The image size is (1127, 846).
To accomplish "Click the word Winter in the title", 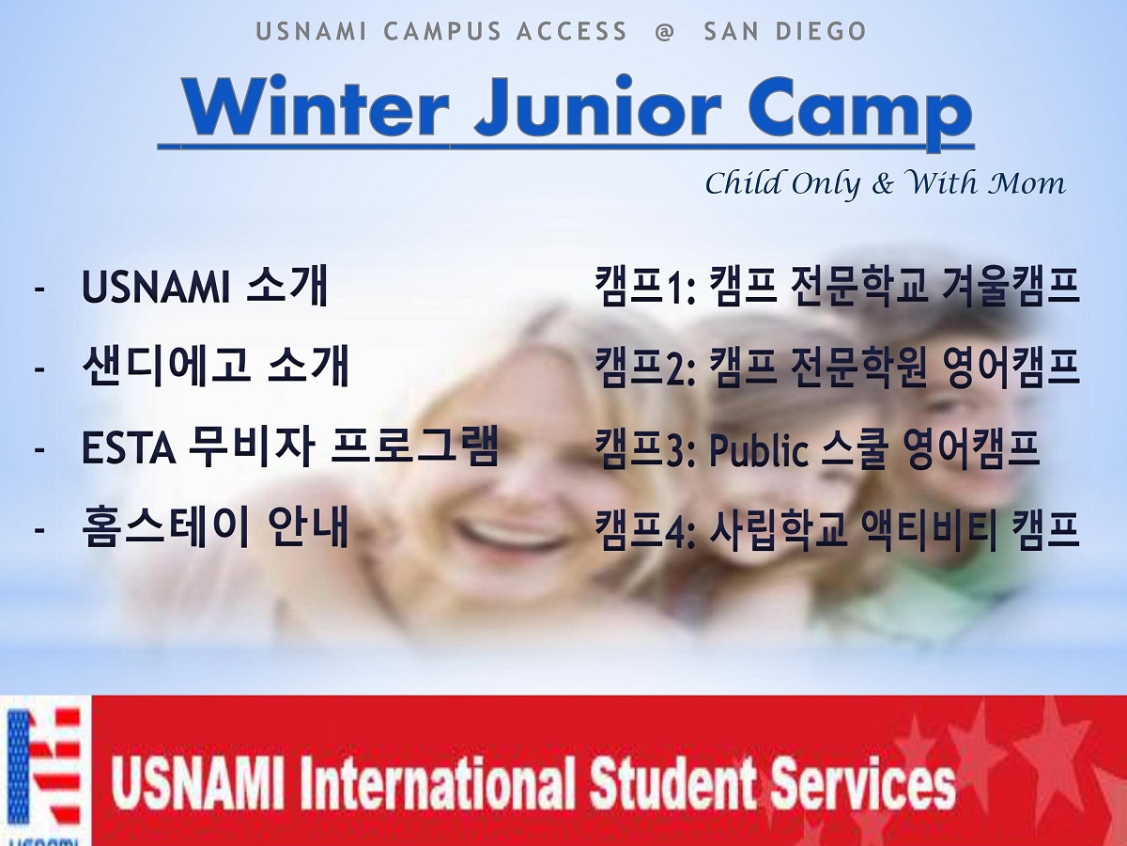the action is [316, 107].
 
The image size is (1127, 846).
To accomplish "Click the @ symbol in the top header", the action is [665, 31].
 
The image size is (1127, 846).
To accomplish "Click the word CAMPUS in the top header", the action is [442, 31].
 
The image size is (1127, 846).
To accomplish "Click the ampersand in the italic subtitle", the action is [883, 184].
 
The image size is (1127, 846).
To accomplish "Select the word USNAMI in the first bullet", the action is [156, 287].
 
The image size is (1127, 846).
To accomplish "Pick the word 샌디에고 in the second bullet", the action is [166, 366].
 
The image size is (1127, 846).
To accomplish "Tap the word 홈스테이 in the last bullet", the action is [166, 526].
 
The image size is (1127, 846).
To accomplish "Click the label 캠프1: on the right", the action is [645, 287].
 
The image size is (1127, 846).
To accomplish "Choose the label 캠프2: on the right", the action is [645, 367].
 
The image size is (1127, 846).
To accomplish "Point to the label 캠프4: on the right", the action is [645, 529].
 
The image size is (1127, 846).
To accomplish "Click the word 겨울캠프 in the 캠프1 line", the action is [1011, 287].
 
